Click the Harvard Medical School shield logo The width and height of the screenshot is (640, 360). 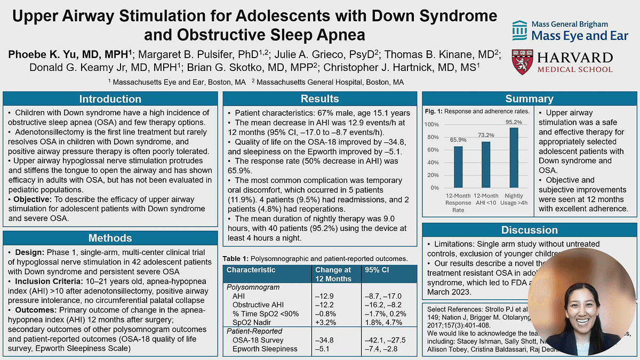pyautogui.click(x=522, y=61)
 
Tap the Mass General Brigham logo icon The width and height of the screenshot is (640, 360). pyautogui.click(x=519, y=30)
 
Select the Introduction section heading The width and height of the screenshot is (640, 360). pyautogui.click(x=110, y=99)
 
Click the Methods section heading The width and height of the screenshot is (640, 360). pyautogui.click(x=110, y=237)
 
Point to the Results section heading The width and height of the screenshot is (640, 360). pyautogui.click(x=319, y=99)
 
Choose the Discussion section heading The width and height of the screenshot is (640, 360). pyautogui.click(x=529, y=230)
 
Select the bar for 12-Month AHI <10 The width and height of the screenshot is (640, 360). pyautogui.click(x=485, y=164)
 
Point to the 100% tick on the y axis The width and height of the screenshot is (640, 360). pyautogui.click(x=431, y=125)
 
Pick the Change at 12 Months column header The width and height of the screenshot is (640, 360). pyautogui.click(x=333, y=274)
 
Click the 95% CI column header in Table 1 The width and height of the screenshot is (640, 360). pyautogui.click(x=377, y=270)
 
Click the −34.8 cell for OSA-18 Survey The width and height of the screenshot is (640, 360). pyautogui.click(x=325, y=340)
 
